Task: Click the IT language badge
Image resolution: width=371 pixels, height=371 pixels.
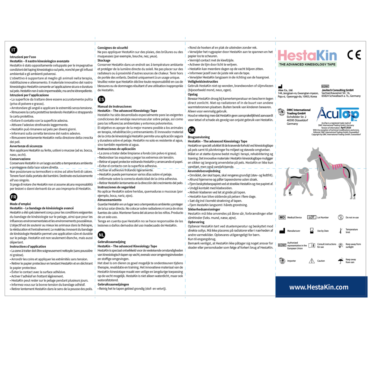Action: tap(14, 50)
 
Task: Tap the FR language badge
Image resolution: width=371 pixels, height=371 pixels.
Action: tap(14, 197)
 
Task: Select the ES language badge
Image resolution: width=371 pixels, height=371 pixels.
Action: tap(101, 99)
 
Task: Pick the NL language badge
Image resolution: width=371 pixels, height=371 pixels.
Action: tap(101, 235)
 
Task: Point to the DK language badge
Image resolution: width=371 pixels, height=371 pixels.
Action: tap(191, 130)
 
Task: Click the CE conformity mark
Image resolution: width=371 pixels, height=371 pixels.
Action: tap(354, 55)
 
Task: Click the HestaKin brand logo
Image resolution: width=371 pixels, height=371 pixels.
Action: tap(307, 56)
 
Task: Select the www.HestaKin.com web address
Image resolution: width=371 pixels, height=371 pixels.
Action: tap(319, 287)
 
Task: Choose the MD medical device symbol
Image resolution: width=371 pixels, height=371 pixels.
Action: tap(282, 218)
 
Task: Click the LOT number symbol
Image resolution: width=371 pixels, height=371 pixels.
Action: tap(312, 217)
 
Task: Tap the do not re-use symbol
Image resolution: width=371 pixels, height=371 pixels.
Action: tap(341, 217)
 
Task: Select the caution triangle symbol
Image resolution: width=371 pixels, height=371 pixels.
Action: tap(312, 261)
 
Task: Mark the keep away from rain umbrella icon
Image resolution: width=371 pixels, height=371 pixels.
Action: tap(341, 261)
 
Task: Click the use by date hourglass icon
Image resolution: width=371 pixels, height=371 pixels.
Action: tap(312, 231)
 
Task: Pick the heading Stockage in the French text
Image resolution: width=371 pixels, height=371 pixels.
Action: tap(104, 61)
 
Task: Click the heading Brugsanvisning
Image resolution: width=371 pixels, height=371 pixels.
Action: tap(199, 137)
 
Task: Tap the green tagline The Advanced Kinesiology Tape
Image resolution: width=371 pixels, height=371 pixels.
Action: tap(307, 64)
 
